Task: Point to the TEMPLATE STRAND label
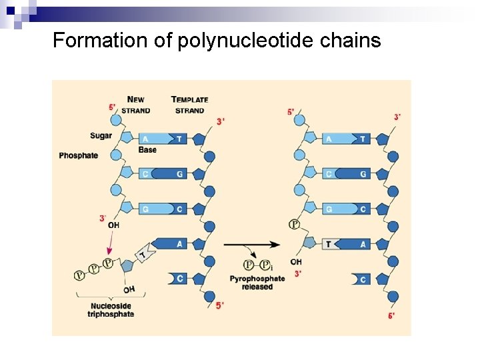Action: click(190, 105)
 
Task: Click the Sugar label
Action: click(101, 136)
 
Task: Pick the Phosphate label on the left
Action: click(78, 155)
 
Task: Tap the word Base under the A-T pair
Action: click(147, 150)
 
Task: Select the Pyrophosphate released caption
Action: click(257, 282)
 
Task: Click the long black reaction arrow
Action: click(251, 245)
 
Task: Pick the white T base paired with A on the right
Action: click(329, 245)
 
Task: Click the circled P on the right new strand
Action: click(294, 225)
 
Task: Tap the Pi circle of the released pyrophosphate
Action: click(265, 265)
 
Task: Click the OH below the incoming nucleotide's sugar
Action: click(129, 289)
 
